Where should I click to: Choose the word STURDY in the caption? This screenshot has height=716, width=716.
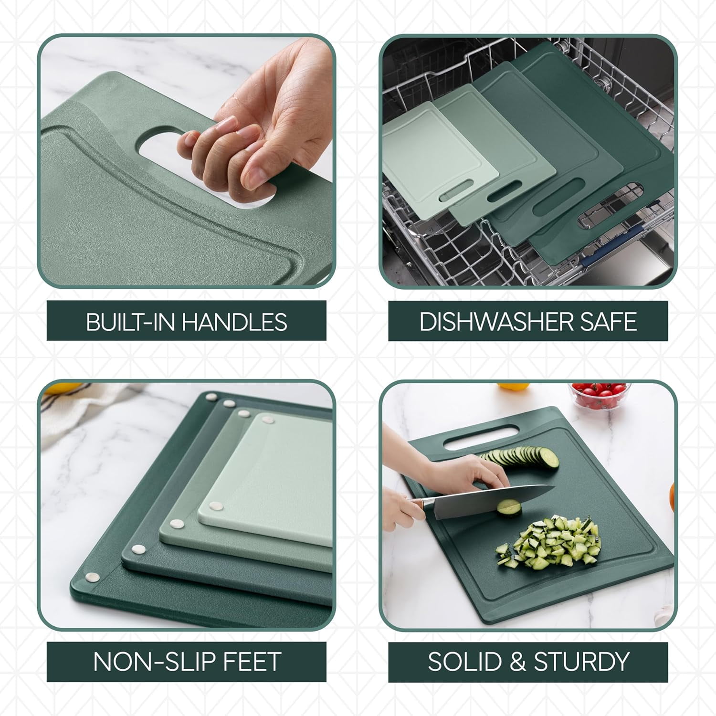(581, 662)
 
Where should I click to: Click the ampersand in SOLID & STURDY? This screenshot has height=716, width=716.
(517, 662)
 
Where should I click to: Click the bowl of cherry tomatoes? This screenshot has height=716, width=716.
(600, 395)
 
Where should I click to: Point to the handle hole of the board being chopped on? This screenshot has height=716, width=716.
(481, 437)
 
